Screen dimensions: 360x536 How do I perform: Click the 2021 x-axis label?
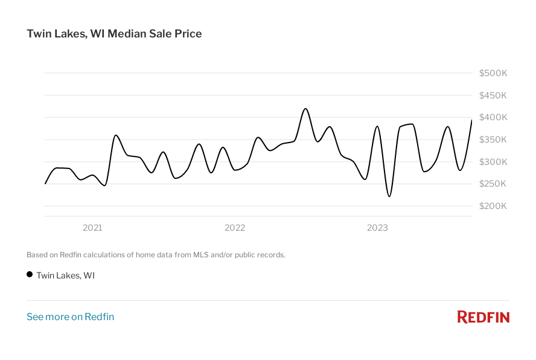click(x=92, y=228)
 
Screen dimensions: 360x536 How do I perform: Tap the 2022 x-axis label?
click(x=235, y=228)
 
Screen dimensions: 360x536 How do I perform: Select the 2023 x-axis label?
click(x=377, y=228)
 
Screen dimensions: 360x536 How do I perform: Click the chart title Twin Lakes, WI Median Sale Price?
click(x=114, y=34)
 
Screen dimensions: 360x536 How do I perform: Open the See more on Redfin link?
click(x=70, y=317)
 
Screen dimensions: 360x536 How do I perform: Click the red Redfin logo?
click(x=483, y=317)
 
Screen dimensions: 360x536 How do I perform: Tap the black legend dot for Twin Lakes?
click(x=30, y=275)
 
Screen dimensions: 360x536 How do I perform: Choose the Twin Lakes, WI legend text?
click(x=66, y=275)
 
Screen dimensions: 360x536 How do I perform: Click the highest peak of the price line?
click(x=305, y=109)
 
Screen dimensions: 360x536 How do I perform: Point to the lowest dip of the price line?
click(x=389, y=196)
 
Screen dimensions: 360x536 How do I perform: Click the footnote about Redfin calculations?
click(x=156, y=255)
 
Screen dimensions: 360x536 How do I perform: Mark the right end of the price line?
click(x=471, y=120)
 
